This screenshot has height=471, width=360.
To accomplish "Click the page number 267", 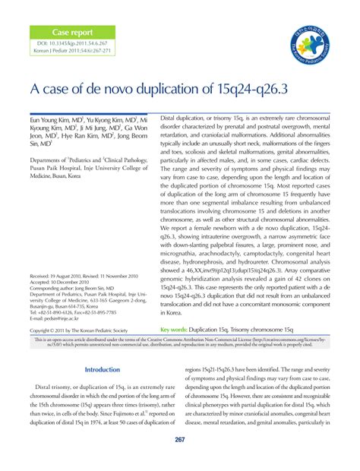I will coord(180,441).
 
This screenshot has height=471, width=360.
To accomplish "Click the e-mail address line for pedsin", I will coord(55,318).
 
